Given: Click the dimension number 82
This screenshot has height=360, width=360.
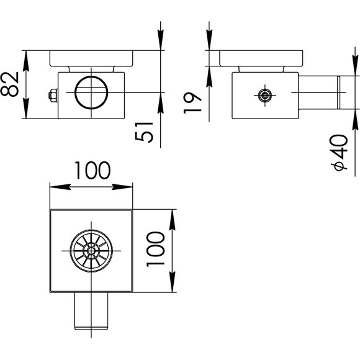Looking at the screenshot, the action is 10,84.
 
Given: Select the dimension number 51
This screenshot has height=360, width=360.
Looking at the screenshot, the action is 144,132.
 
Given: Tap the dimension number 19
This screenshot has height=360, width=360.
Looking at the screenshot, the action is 192,103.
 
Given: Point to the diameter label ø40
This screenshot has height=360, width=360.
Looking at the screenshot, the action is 339,153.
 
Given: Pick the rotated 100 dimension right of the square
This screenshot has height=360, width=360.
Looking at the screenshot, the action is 155,250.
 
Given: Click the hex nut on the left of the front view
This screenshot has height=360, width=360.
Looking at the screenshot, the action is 53,96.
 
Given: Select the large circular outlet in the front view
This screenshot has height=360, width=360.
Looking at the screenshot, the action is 91,92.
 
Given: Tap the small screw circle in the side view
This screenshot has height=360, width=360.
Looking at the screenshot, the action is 265,95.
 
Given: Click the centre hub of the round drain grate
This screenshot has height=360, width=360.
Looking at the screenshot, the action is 91,251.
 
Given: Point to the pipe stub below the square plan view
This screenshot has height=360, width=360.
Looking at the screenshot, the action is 91,311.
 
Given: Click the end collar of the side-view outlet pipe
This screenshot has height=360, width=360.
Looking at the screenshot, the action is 338,92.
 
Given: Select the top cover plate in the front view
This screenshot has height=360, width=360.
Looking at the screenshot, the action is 91,58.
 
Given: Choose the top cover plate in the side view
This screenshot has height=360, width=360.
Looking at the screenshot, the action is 261,58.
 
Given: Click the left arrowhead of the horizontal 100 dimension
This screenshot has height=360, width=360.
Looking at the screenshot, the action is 60,187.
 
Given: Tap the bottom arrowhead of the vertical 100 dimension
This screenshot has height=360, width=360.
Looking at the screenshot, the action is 172,282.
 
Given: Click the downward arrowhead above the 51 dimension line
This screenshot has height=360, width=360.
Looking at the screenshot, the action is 161,40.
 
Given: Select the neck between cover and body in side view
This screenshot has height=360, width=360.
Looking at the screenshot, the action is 261,70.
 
